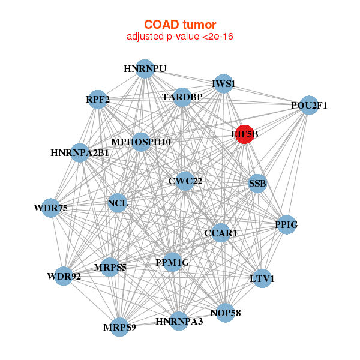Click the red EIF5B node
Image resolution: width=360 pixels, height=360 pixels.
click(245, 134)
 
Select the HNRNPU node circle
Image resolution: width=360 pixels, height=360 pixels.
click(145, 69)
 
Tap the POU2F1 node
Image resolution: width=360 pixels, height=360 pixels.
click(309, 106)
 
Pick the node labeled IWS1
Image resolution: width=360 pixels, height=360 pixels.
click(223, 84)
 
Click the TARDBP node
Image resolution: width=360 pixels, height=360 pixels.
click(182, 97)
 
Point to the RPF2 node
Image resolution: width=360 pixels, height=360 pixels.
click(98, 100)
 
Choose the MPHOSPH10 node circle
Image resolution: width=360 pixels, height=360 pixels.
click(141, 142)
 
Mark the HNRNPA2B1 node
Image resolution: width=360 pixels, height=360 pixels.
click(80, 153)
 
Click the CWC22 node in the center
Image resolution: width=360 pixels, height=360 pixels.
click(185, 181)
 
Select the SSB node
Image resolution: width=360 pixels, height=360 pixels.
click(257, 184)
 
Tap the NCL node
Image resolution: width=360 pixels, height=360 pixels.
click(118, 203)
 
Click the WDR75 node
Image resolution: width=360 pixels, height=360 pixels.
click(51, 208)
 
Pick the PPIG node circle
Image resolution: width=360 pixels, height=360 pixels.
click(286, 225)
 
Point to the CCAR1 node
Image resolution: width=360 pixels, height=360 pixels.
click(221, 233)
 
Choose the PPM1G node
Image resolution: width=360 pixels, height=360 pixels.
click(172, 262)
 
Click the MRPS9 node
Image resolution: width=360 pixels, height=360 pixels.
click(119, 327)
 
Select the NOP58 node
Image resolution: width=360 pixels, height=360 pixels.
click(226, 313)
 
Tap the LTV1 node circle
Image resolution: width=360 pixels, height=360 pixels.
click(262, 279)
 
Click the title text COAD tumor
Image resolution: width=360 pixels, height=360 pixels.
click(180, 25)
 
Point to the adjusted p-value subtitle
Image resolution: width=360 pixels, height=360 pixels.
click(180, 37)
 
